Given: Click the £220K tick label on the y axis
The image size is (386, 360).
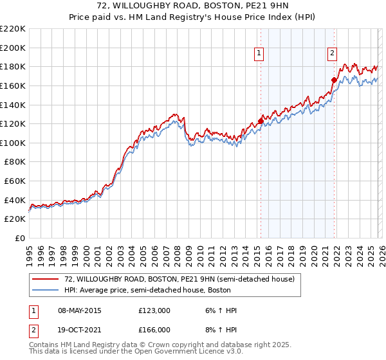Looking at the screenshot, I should [x=13, y=29].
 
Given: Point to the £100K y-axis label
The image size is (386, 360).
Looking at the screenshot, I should [x=13, y=143].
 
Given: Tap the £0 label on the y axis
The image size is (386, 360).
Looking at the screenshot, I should [x=19, y=238].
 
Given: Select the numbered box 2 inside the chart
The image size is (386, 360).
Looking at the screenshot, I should [x=333, y=54].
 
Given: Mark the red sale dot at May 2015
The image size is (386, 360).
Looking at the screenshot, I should [x=261, y=121].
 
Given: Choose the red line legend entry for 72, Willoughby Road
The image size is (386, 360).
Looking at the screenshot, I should [x=179, y=280].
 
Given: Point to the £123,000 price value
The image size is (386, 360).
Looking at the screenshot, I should [x=154, y=310].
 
